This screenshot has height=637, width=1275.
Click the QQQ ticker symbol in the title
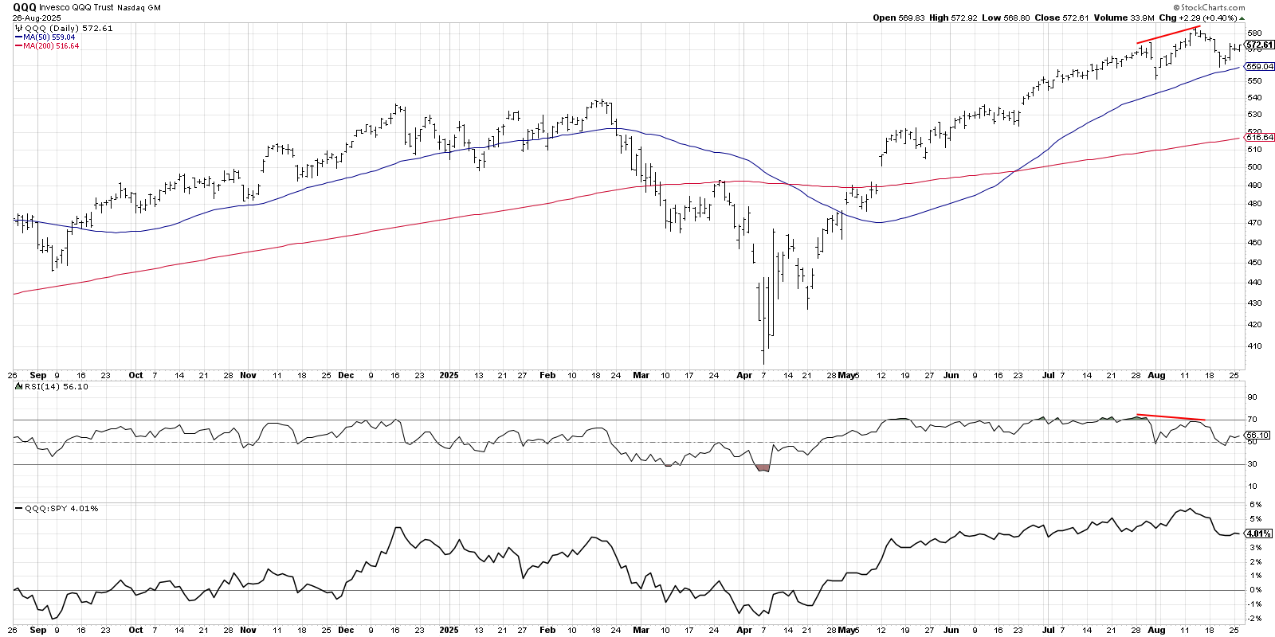[x=24, y=7]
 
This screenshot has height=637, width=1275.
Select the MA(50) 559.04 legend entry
[x=49, y=37]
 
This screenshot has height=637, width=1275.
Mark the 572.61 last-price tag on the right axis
[x=1260, y=45]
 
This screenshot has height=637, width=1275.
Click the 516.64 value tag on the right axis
[x=1260, y=138]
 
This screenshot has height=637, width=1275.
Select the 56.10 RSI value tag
[x=1257, y=436]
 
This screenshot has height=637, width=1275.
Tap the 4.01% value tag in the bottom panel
[x=1258, y=533]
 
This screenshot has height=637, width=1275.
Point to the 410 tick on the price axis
[x=1254, y=346]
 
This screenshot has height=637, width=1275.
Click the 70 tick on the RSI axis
[x=1252, y=420]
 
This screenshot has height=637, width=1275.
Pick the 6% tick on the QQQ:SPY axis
[x=1255, y=505]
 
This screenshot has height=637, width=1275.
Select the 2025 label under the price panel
[x=449, y=375]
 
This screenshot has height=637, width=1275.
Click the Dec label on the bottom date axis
[x=346, y=630]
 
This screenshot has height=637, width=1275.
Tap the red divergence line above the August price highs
[x=1167, y=34]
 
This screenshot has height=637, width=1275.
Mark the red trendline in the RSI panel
[x=1170, y=417]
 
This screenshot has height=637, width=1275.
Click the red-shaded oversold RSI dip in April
[x=763, y=468]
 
